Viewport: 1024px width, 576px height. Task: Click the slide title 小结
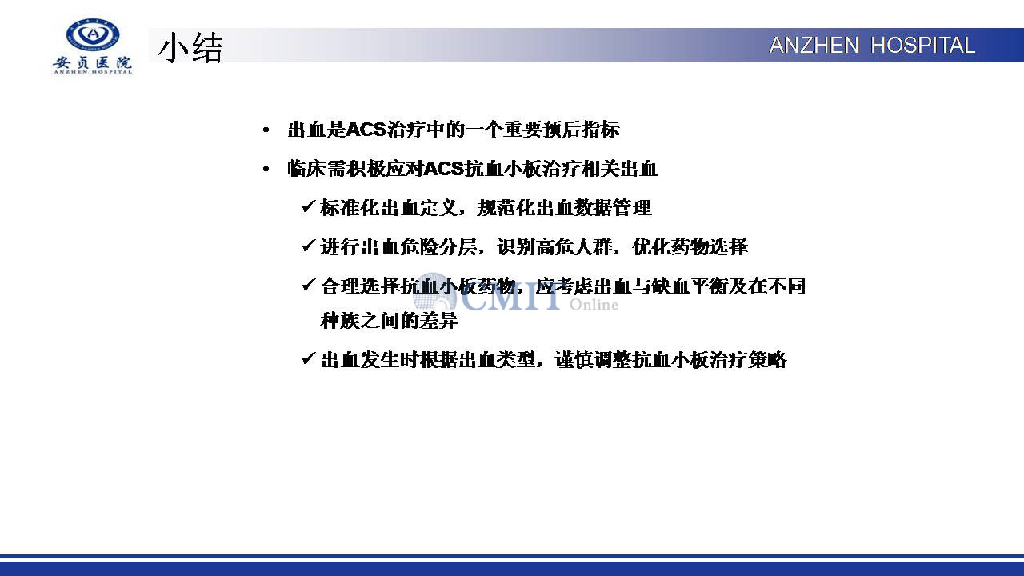click(190, 47)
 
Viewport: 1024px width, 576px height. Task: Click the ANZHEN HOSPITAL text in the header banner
click(872, 46)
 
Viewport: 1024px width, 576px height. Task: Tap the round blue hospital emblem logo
click(93, 34)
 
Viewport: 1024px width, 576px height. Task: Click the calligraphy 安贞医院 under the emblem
click(92, 62)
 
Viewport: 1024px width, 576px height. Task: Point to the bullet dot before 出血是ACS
click(266, 130)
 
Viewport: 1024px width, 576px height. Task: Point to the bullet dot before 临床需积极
click(266, 170)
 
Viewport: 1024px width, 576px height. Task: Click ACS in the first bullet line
click(366, 130)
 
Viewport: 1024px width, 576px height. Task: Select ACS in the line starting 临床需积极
click(444, 169)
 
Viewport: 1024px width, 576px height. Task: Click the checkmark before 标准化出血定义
click(309, 206)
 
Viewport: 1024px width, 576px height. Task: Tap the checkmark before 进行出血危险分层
click(309, 246)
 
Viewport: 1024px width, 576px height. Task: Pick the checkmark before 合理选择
click(309, 286)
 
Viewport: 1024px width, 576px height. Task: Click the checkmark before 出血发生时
click(309, 358)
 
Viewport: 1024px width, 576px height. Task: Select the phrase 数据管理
click(613, 208)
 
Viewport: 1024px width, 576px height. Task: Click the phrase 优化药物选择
click(690, 247)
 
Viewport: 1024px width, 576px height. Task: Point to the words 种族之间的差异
click(389, 321)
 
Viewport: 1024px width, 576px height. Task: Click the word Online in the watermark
click(594, 305)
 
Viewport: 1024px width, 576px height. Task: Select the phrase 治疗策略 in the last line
click(748, 360)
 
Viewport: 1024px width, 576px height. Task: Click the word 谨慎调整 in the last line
click(594, 360)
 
